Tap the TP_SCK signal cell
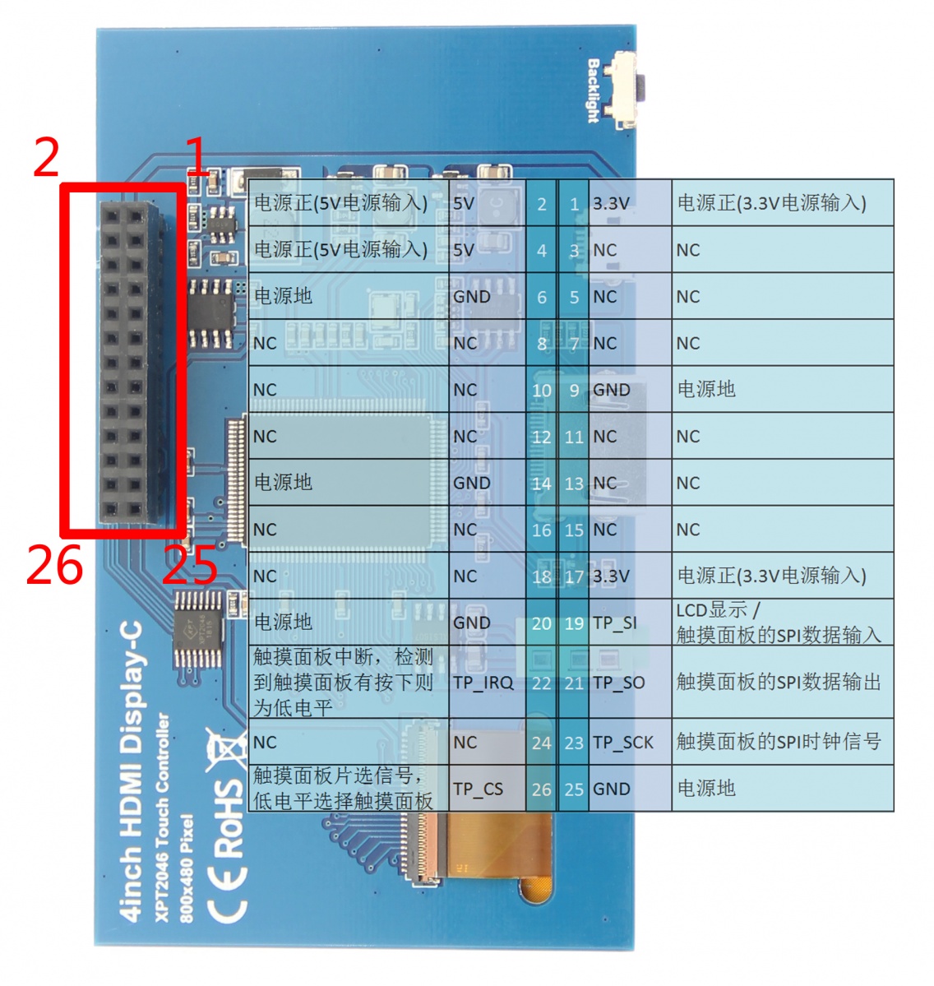(623, 743)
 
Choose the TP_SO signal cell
(618, 683)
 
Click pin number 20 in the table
(541, 623)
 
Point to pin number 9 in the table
(574, 390)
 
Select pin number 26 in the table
(541, 789)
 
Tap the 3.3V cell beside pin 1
(612, 203)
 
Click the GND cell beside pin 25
(612, 789)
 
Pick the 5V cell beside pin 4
(464, 250)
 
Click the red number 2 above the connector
(47, 158)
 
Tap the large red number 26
(54, 566)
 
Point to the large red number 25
(190, 566)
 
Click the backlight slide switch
(627, 90)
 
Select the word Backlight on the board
(594, 90)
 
